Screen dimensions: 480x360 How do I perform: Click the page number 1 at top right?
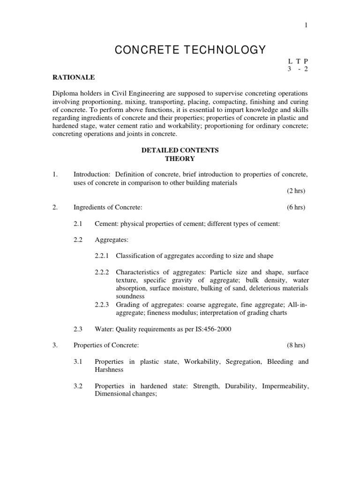[x=306, y=25]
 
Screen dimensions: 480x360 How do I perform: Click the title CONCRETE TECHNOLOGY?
[x=190, y=50]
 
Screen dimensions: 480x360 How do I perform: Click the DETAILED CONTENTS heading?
[x=180, y=150]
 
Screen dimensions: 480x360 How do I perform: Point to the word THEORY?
[x=180, y=159]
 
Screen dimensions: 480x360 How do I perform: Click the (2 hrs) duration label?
[x=296, y=191]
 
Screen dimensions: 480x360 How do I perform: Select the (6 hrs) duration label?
[x=296, y=207]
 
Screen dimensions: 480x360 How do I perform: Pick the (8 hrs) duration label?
[x=296, y=345]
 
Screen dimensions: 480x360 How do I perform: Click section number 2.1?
[x=78, y=224]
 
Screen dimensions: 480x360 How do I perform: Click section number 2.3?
[x=78, y=329]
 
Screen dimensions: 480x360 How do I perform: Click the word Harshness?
[x=109, y=369]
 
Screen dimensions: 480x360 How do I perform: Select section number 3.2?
[x=78, y=386]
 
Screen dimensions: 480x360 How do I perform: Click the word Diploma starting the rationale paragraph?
[x=65, y=93]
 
